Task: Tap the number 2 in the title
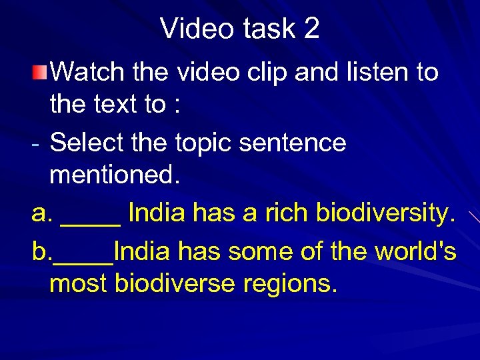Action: click(311, 29)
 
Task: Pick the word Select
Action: click(87, 143)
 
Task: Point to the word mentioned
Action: click(114, 175)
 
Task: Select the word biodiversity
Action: click(385, 213)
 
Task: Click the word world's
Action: click(415, 251)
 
